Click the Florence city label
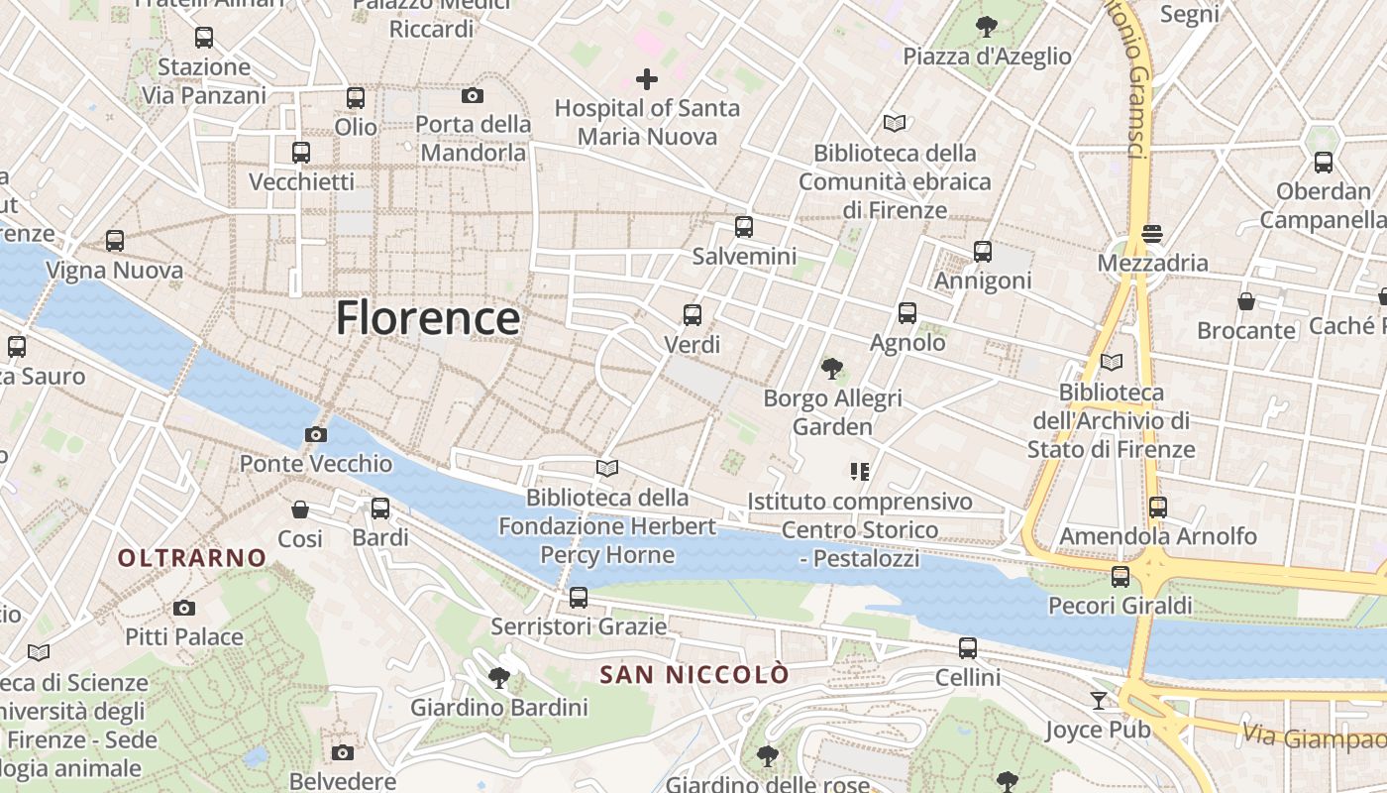coord(427,318)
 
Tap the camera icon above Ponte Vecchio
coord(316,434)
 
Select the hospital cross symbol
coord(647,78)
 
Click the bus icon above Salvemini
coord(744,227)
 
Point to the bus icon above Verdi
coord(693,315)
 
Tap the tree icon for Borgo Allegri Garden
coord(832,369)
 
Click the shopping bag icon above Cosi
coord(300,510)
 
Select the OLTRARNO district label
coord(192,558)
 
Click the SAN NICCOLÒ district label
coord(694,675)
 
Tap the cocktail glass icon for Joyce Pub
coord(1099,701)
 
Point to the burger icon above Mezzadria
coord(1151,234)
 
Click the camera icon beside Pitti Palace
coord(183,608)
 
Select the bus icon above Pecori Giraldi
coord(1120,576)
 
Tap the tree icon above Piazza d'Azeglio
coord(986,26)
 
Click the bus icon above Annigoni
coord(983,252)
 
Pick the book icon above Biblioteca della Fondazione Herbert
coord(607,468)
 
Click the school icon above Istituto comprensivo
coord(859,472)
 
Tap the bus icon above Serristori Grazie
coord(579,598)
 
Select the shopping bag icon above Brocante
coord(1246,300)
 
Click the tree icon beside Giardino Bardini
coord(499,678)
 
